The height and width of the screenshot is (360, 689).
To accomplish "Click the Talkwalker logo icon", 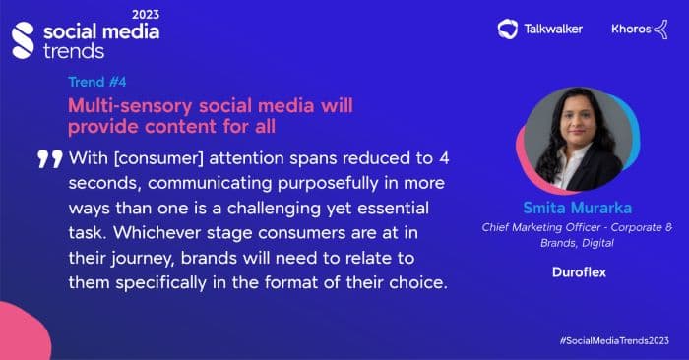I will [508, 29].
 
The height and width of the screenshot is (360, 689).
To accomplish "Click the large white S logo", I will [23, 38].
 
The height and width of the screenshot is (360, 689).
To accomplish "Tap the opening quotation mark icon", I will [50, 157].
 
